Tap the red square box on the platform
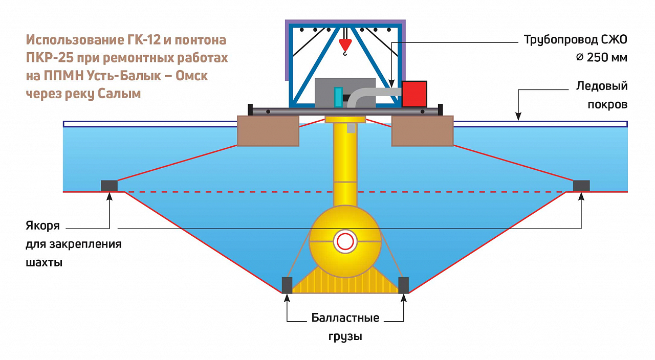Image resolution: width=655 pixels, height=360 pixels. [414, 94]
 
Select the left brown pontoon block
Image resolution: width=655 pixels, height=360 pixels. [268, 131]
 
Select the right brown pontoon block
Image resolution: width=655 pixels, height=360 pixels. [422, 131]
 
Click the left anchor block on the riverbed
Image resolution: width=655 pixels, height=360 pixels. [109, 186]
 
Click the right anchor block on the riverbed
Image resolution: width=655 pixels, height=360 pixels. [581, 186]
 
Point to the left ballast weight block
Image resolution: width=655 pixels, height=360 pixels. [287, 285]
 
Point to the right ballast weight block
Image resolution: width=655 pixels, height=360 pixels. [404, 285]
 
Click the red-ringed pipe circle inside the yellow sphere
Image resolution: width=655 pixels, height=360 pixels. [345, 241]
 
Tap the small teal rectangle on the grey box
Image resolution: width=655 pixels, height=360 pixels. [338, 97]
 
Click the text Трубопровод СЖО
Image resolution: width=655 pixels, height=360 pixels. [575, 40]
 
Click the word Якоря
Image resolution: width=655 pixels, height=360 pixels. [42, 226]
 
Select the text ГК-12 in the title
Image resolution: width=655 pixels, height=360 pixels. [138, 40]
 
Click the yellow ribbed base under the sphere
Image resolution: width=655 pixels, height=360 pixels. [345, 284]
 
